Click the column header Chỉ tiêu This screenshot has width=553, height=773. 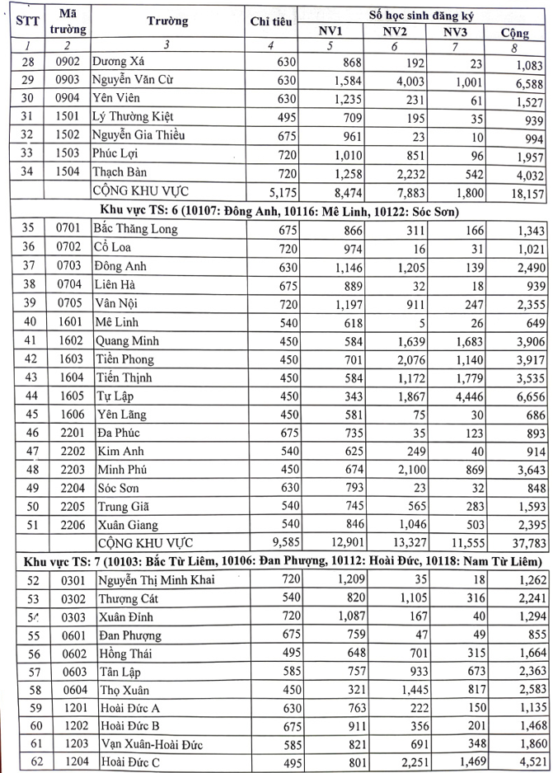pos(272,22)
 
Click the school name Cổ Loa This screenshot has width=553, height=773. pos(117,248)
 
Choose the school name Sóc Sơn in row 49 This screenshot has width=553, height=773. pos(121,489)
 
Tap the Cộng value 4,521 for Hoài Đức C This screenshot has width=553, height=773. pos(525,764)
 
